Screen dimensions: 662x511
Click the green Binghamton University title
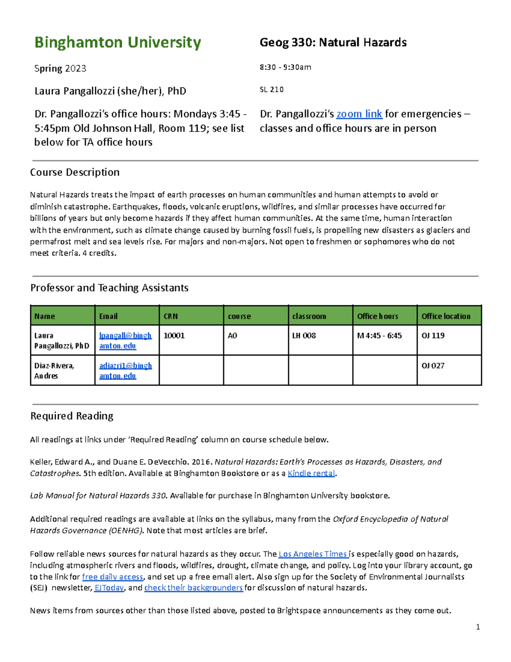[118, 43]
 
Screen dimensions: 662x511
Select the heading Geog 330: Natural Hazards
[333, 43]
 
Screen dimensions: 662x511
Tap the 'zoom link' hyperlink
[359, 114]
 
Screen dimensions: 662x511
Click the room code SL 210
[272, 90]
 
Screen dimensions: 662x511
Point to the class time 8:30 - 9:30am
[285, 67]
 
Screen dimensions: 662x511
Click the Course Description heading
[75, 172]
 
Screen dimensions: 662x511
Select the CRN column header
[171, 316]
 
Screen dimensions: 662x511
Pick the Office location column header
[446, 316]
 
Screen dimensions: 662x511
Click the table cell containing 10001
[174, 335]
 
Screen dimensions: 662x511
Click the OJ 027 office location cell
[433, 366]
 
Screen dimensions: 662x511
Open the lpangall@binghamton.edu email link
[125, 341]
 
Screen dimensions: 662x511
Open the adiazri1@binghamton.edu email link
[125, 370]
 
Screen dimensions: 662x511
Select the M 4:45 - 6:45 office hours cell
[379, 335]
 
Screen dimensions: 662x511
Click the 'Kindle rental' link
[311, 473]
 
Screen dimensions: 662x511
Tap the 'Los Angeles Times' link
[313, 554]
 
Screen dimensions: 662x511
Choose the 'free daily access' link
[112, 577]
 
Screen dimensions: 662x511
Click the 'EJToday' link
[109, 588]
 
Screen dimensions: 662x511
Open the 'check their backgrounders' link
[193, 588]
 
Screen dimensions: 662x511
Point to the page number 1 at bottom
[478, 627]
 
